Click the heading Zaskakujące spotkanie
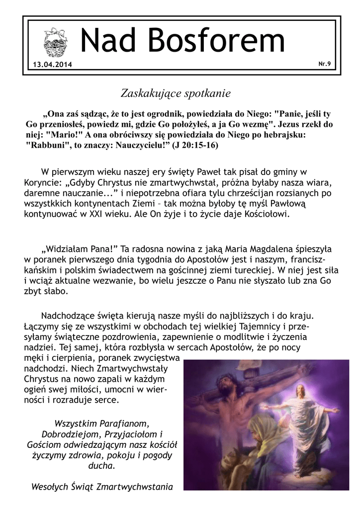click(x=176, y=92)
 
